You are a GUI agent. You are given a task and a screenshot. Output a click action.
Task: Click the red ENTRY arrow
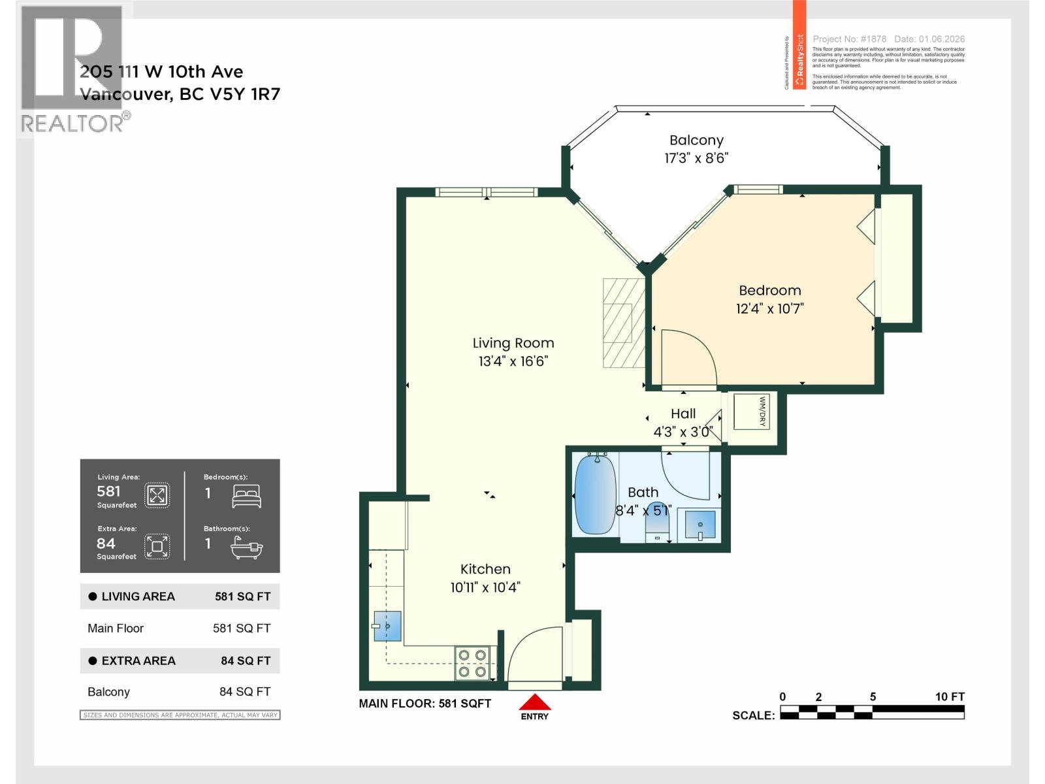[535, 703]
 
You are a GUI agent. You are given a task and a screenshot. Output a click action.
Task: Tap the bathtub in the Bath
[595, 495]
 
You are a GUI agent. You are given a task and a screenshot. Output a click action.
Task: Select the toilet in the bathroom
[658, 523]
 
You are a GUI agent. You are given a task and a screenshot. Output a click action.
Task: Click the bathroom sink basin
[700, 525]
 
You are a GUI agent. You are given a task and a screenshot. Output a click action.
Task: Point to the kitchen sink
[387, 627]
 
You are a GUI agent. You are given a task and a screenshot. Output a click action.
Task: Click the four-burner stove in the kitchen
[473, 662]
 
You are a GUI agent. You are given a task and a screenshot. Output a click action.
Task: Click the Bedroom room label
[769, 291]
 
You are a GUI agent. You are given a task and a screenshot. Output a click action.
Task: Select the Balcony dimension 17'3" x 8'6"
[696, 158]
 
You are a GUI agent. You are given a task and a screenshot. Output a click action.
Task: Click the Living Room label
[513, 343]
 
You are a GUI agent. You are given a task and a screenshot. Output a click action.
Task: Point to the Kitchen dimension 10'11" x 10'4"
[485, 587]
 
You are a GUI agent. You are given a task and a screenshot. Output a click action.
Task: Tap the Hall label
[683, 414]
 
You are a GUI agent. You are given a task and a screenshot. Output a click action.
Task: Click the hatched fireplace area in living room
[623, 322]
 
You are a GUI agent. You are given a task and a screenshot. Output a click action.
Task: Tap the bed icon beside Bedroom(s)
[247, 496]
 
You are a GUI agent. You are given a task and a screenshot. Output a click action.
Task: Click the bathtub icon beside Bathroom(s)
[247, 547]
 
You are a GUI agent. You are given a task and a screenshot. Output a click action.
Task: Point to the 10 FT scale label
[949, 696]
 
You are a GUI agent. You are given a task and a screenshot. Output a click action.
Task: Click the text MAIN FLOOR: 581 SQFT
[425, 704]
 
